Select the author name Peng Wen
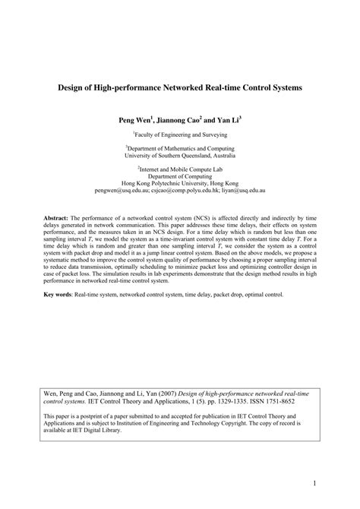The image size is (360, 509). click(x=134, y=120)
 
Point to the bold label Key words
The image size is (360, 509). click(x=58, y=293)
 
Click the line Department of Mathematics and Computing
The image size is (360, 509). click(x=180, y=148)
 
